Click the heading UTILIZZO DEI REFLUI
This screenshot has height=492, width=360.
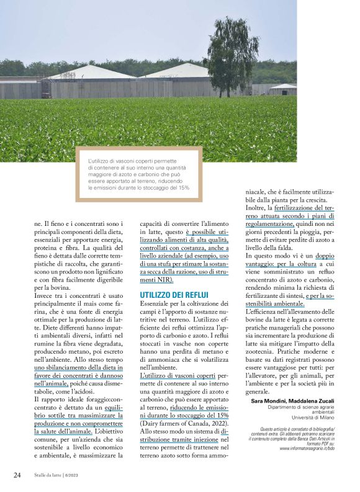(x=173, y=295)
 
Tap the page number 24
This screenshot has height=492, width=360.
(x=17, y=475)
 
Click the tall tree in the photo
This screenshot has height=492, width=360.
(x=230, y=56)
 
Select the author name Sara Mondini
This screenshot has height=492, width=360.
(x=269, y=401)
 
